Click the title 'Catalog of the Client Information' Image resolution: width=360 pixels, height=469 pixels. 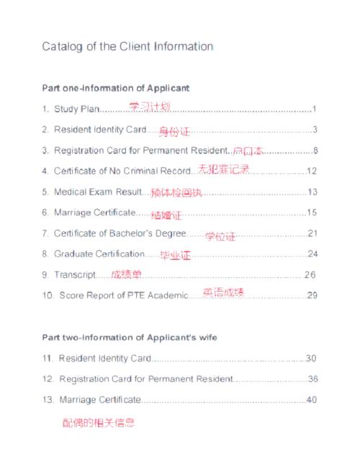pyautogui.click(x=127, y=47)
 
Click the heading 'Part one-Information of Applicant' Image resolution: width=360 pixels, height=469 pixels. pyautogui.click(x=116, y=88)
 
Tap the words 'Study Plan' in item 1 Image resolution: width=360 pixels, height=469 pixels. pyautogui.click(x=75, y=110)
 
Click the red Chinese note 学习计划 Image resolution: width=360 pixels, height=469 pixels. pyautogui.click(x=150, y=107)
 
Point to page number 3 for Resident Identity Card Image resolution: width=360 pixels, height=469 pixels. pyautogui.click(x=315, y=130)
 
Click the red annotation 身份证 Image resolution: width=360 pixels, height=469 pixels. pyautogui.click(x=174, y=132)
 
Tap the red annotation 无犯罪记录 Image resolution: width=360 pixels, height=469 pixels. pyautogui.click(x=224, y=170)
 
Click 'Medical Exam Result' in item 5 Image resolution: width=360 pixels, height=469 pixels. pyautogui.click(x=102, y=192)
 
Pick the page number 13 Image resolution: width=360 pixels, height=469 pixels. pyautogui.click(x=312, y=192)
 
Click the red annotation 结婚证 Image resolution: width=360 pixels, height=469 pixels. pyautogui.click(x=166, y=215)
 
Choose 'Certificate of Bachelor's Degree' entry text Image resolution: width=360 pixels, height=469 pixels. pyautogui.click(x=120, y=233)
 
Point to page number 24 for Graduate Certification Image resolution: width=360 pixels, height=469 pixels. pyautogui.click(x=312, y=254)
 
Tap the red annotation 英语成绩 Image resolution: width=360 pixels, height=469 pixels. pyautogui.click(x=223, y=292)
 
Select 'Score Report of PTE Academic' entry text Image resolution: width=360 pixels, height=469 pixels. pyautogui.click(x=124, y=295)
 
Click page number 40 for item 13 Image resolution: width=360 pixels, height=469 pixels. pyautogui.click(x=312, y=400)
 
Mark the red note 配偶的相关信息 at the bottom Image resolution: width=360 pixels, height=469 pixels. pyautogui.click(x=99, y=423)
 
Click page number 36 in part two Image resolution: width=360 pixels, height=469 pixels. pyautogui.click(x=312, y=379)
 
